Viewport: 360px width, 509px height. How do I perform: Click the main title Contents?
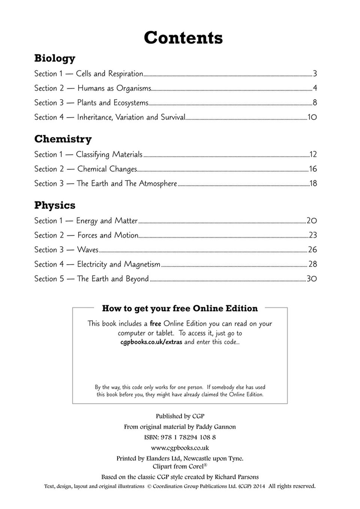click(183, 38)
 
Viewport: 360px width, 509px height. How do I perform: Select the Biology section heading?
click(55, 58)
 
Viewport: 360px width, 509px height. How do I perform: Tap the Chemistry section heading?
click(63, 139)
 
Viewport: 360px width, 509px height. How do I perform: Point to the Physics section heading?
click(55, 205)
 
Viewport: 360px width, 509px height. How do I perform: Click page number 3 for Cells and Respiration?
click(315, 74)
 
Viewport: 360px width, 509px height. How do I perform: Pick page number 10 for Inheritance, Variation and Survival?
click(312, 118)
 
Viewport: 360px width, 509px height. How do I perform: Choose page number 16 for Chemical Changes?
click(313, 169)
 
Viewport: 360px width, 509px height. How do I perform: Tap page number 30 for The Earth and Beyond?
click(312, 279)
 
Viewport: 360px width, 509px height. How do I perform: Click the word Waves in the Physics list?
click(88, 250)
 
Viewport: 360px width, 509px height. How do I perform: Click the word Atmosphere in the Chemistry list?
click(158, 184)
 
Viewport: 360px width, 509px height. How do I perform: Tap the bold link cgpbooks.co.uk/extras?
click(151, 342)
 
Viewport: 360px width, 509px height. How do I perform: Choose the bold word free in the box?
click(155, 324)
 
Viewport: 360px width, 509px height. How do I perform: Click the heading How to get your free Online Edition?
click(180, 309)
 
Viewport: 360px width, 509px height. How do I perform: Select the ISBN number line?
click(180, 437)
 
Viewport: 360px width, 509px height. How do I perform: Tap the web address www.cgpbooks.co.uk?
click(180, 448)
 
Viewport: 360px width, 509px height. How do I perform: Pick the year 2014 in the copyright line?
click(258, 486)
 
